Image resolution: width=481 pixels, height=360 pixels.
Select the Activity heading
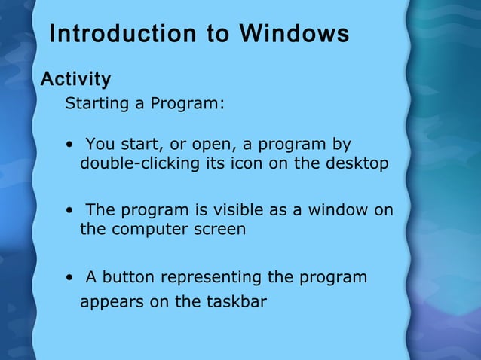pyautogui.click(x=75, y=79)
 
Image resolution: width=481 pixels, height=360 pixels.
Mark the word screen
pyautogui.click(x=222, y=230)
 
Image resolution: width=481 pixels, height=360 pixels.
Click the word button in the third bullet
pyautogui.click(x=127, y=277)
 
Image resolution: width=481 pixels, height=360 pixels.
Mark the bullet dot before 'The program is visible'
pyautogui.click(x=69, y=211)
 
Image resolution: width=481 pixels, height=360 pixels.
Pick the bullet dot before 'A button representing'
pyautogui.click(x=69, y=278)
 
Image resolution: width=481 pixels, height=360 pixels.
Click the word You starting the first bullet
pyautogui.click(x=99, y=144)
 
